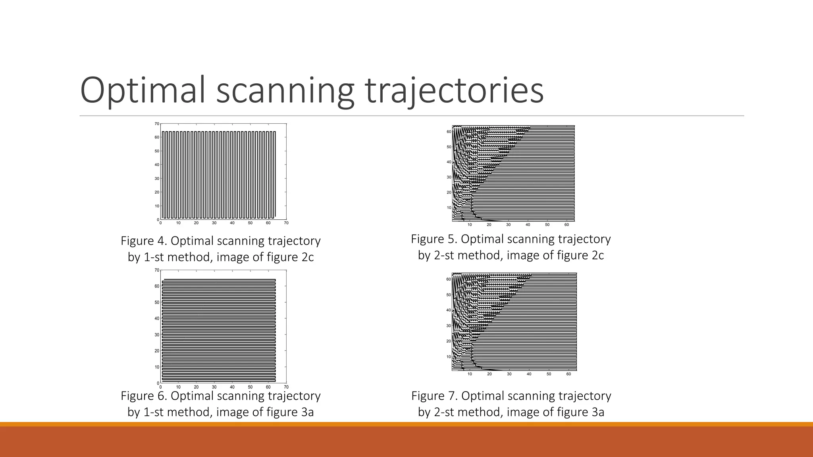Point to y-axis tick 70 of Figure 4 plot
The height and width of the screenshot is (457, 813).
pos(157,124)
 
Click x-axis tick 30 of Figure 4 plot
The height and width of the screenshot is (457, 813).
pos(214,223)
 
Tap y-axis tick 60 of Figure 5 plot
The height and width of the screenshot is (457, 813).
pos(449,132)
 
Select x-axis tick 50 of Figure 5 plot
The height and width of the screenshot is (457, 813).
pos(547,225)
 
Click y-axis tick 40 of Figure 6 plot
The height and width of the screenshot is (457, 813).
pos(157,319)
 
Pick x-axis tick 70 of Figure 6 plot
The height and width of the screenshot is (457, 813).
pos(286,387)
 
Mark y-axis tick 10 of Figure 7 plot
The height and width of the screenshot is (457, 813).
pos(449,357)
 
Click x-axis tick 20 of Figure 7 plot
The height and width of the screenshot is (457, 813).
pos(489,374)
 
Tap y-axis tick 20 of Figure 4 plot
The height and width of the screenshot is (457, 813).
pos(157,192)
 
